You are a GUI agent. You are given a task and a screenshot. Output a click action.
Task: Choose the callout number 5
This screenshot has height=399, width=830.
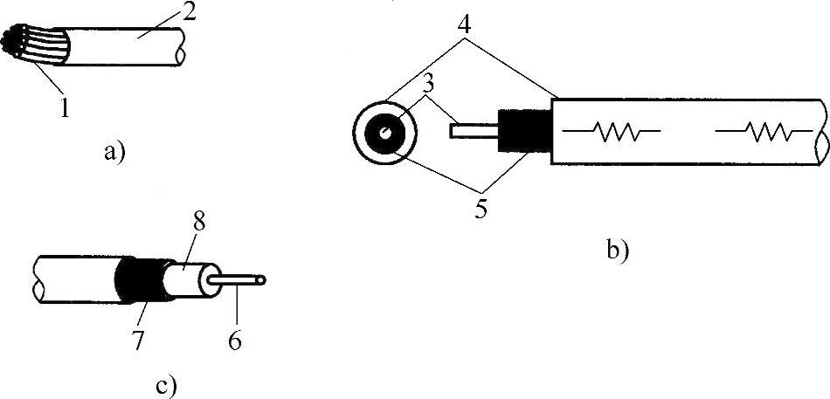(x=481, y=210)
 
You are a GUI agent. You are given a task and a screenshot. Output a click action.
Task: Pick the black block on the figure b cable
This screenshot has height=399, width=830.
(x=522, y=132)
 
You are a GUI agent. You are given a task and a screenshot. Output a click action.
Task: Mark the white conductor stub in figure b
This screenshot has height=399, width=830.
(x=472, y=132)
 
